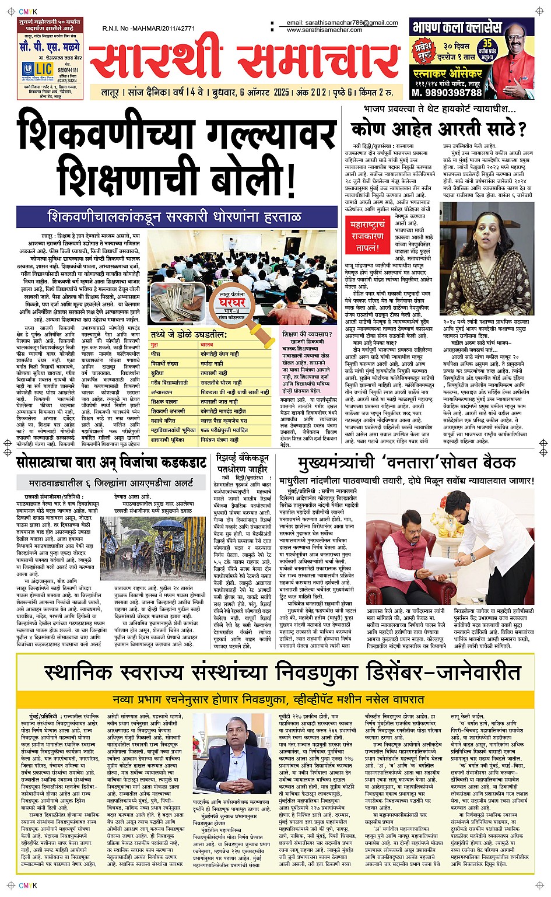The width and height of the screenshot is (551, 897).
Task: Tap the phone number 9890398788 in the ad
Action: [x=447, y=92]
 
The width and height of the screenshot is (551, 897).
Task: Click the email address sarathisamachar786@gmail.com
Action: [x=342, y=23]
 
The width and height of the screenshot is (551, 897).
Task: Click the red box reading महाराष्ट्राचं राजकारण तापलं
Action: [x=367, y=236]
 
